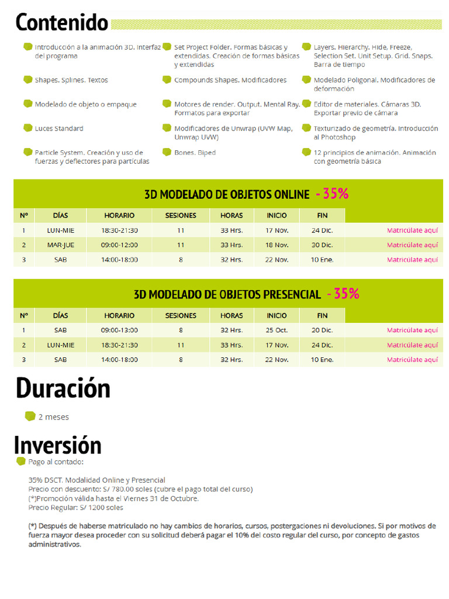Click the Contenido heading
pyautogui.click(x=62, y=22)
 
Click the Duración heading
pyautogui.click(x=63, y=388)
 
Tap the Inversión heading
pyautogui.click(x=58, y=445)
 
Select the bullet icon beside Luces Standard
pyautogui.click(x=28, y=128)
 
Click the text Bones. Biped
pyautogui.click(x=195, y=153)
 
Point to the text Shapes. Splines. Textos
pyautogui.click(x=71, y=80)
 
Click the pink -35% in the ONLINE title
pyautogui.click(x=332, y=194)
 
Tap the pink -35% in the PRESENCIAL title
pyautogui.click(x=343, y=294)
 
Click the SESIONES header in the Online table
pyautogui.click(x=181, y=215)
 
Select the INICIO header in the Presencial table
pyautogui.click(x=277, y=315)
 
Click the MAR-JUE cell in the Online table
pyautogui.click(x=61, y=245)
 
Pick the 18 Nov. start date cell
pyautogui.click(x=277, y=245)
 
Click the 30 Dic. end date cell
pyautogui.click(x=322, y=245)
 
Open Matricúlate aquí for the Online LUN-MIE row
pyautogui.click(x=412, y=230)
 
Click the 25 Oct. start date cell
pyautogui.click(x=277, y=330)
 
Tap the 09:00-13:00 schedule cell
pyautogui.click(x=119, y=330)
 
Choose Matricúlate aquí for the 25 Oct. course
pyautogui.click(x=412, y=330)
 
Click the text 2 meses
pyautogui.click(x=53, y=417)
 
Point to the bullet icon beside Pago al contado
pyautogui.click(x=21, y=461)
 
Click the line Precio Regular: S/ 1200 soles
pyautogui.click(x=75, y=508)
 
